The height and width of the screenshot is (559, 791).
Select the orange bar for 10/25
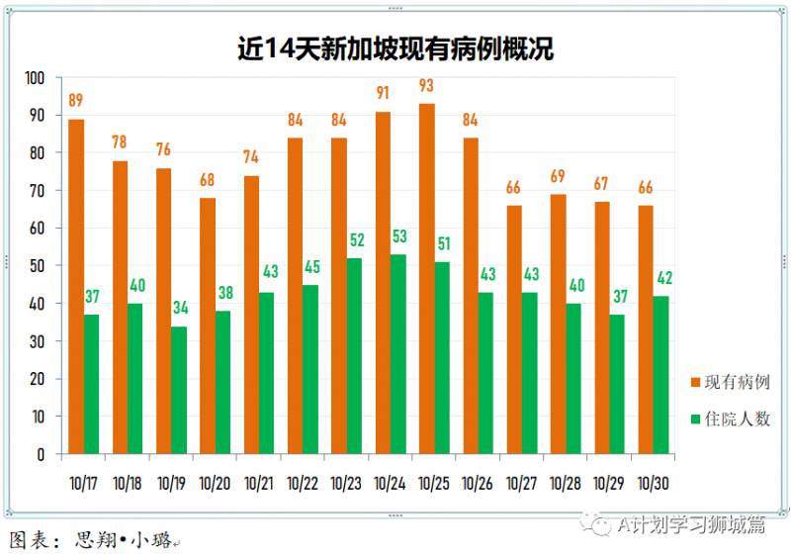click(427, 279)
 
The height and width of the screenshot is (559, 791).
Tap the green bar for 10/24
click(398, 354)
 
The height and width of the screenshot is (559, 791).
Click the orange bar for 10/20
click(208, 326)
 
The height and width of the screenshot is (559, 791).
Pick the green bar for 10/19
click(179, 390)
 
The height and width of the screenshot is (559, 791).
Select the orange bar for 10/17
click(76, 286)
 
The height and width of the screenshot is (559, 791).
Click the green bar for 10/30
click(661, 375)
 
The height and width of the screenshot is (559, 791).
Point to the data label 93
click(427, 85)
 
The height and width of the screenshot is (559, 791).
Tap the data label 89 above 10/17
click(76, 100)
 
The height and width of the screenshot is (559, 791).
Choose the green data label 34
click(179, 308)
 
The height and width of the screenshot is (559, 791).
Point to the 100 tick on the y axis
click(35, 78)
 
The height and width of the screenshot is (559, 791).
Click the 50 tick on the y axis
click(38, 266)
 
